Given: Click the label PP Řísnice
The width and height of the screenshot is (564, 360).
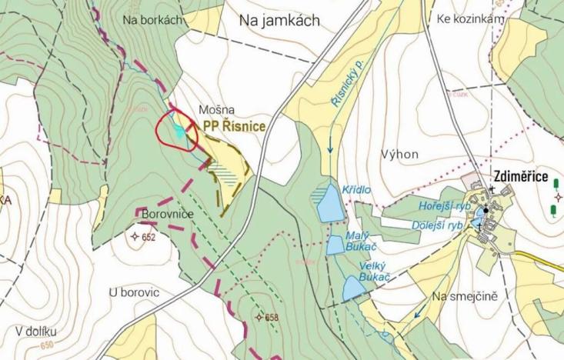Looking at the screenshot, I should point(235,126).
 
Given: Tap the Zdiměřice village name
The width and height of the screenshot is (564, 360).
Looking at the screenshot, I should point(521,178).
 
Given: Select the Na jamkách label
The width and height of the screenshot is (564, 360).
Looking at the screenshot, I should point(279,21).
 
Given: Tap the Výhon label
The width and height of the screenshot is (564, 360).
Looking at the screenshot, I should point(399,154).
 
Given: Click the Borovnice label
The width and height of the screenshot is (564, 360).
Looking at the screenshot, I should point(167,213).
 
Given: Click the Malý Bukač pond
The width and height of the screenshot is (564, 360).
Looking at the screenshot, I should point(335,245).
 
